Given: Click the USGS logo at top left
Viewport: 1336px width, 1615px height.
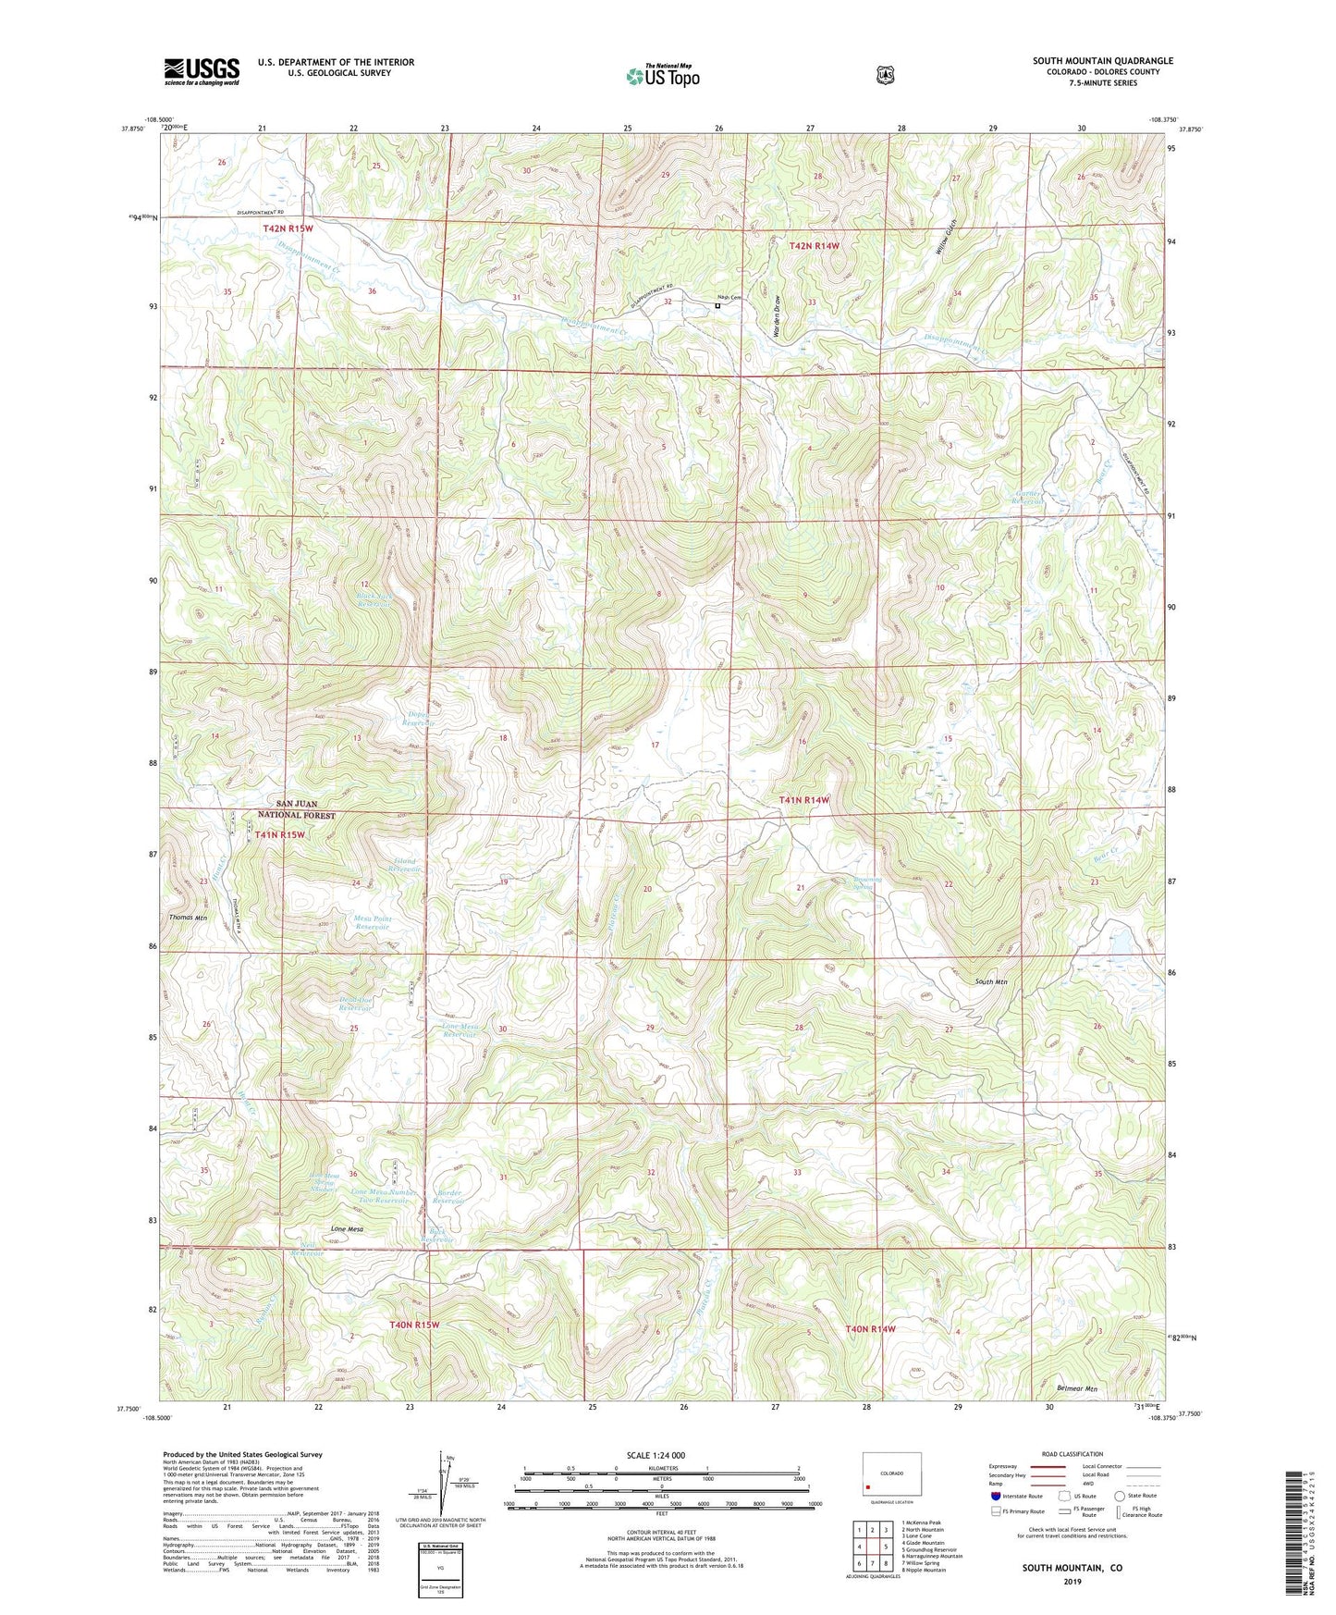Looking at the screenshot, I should [x=202, y=70].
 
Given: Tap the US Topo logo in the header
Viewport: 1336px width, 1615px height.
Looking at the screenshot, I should [x=662, y=75].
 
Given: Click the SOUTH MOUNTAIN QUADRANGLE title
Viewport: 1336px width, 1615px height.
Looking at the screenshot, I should [x=1102, y=61].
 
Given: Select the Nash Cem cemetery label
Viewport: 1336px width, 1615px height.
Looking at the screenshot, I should [x=729, y=298].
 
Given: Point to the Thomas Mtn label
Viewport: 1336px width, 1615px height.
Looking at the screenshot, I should [x=188, y=918].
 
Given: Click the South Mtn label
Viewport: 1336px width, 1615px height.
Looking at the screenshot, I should [x=991, y=981].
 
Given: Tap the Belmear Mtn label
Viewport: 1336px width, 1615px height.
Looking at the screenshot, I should [x=1076, y=1389].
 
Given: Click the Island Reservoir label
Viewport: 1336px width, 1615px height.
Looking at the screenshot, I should [x=404, y=865].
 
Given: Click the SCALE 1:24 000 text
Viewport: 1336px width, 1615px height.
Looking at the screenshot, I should [x=656, y=1455].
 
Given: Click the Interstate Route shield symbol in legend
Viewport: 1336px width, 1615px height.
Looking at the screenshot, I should [x=995, y=1496].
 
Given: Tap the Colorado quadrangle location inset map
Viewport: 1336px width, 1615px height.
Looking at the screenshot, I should [x=891, y=1476].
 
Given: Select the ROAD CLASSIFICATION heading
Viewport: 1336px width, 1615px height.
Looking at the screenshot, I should [x=1071, y=1454].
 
